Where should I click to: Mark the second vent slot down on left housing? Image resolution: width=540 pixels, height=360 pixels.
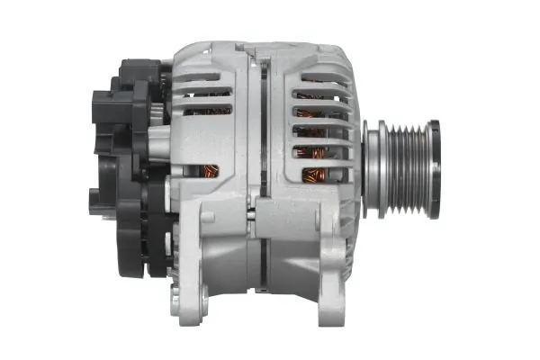202,94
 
